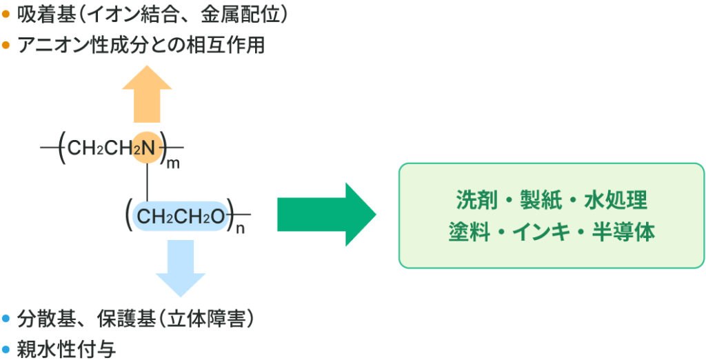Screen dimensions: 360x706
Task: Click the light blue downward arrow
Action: [181, 266]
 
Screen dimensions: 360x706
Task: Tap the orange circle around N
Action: [147, 146]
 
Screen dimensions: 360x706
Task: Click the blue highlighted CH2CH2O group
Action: [181, 217]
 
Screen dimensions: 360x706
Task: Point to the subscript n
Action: [240, 229]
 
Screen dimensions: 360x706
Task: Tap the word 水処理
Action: [616, 201]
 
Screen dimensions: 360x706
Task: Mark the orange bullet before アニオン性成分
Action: [6, 46]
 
